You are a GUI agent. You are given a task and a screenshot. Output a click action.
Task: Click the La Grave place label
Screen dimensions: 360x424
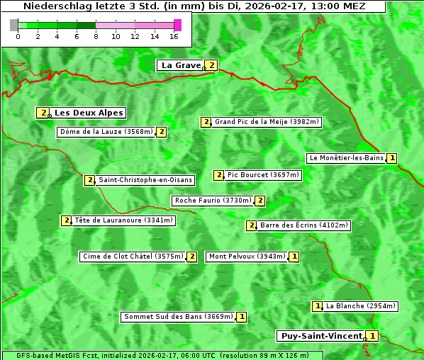coord(181,65)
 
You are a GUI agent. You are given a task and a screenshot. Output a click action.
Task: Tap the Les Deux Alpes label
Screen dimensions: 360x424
coord(89,113)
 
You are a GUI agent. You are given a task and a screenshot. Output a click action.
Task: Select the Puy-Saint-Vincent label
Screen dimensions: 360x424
coord(321,336)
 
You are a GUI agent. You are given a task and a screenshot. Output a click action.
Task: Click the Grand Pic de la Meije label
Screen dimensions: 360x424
coord(267,122)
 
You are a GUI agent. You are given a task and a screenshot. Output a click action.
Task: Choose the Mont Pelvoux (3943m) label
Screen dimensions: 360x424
coord(247,257)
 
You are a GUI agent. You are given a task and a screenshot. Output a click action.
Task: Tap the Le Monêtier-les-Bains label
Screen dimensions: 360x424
coord(345,158)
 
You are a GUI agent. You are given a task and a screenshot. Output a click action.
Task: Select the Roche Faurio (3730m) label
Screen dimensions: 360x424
coord(213,201)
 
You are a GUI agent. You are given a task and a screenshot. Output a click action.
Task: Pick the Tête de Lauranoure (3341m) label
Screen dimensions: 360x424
coord(123,220)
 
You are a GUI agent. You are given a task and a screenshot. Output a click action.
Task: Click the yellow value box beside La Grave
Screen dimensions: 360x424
coord(211,65)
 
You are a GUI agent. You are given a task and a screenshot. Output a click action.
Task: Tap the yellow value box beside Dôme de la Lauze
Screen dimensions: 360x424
coord(162,132)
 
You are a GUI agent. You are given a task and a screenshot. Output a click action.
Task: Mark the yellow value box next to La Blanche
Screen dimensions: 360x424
coord(318,306)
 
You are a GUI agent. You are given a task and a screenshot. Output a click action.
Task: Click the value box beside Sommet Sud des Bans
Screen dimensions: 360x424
coord(242,317)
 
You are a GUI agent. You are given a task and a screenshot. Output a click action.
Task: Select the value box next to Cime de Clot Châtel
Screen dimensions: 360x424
coord(191,257)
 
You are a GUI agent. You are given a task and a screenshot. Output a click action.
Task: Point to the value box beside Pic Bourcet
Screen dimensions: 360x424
coord(219,175)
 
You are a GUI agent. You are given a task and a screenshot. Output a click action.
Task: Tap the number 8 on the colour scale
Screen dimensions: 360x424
coord(96,36)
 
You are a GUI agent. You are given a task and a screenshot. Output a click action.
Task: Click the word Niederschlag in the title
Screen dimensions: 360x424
coord(55,6)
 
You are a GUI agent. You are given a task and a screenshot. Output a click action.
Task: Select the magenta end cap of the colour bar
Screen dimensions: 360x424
coord(177,25)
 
